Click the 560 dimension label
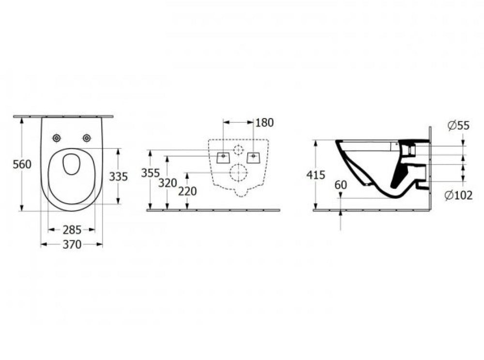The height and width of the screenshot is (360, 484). (22, 164)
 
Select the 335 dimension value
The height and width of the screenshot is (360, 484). (119, 177)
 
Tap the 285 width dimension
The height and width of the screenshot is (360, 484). (72, 230)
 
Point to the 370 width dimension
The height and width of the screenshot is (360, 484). (72, 245)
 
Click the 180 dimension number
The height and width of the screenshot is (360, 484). (265, 122)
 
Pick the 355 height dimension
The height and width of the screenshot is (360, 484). (151, 173)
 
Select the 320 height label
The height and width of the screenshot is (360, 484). (167, 183)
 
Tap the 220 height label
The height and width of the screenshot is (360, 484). (187, 191)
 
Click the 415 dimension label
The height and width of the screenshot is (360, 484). (316, 175)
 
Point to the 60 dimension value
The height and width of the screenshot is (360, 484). (341, 185)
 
